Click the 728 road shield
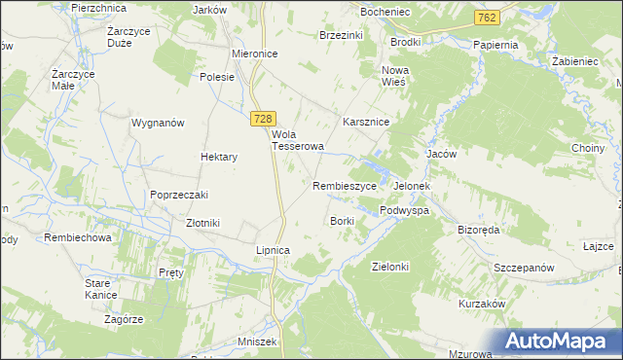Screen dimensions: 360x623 pyautogui.click(x=261, y=118)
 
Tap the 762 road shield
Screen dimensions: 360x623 pyautogui.click(x=489, y=18)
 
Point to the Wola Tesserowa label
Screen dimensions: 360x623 pyautogui.click(x=297, y=141)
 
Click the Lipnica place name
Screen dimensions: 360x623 pyautogui.click(x=273, y=250)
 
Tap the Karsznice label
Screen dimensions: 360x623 pyautogui.click(x=366, y=123)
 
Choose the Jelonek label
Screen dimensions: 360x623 pyautogui.click(x=412, y=186)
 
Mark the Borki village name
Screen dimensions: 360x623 pyautogui.click(x=342, y=221)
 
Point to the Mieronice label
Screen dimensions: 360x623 pyautogui.click(x=256, y=54)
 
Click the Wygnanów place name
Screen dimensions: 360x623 pyautogui.click(x=158, y=124)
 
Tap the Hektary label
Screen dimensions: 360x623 pyautogui.click(x=219, y=156)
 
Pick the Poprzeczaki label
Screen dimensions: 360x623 pyautogui.click(x=179, y=195)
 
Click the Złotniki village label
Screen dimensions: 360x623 pyautogui.click(x=202, y=223)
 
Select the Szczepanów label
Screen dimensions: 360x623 pyautogui.click(x=524, y=268)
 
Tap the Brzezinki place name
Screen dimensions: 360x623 pyautogui.click(x=342, y=34)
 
